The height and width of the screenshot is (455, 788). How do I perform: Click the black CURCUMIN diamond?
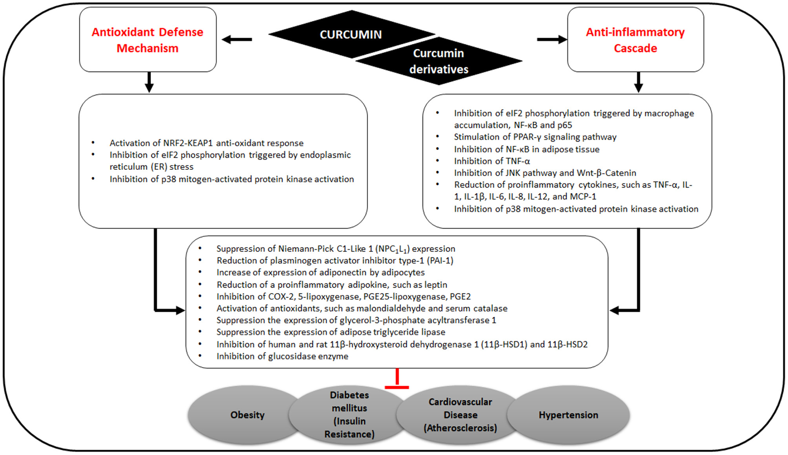point(351,35)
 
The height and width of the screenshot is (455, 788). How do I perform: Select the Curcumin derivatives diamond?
point(438,61)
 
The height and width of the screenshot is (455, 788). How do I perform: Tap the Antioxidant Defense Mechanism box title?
point(147,40)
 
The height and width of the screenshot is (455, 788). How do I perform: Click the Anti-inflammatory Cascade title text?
point(635,40)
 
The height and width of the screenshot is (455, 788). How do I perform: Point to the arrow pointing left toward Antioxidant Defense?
point(237,40)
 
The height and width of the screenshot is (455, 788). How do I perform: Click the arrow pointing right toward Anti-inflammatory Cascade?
point(552,40)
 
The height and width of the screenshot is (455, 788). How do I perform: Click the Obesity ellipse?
point(247,415)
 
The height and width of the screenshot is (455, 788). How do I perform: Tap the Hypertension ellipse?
point(568,415)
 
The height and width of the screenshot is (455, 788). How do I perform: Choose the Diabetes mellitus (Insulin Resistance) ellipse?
point(349,415)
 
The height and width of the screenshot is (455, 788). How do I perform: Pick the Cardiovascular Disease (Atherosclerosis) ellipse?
point(460,415)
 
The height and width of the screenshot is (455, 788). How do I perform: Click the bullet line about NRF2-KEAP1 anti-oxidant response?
point(206,143)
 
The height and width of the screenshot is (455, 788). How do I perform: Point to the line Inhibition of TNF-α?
point(492,161)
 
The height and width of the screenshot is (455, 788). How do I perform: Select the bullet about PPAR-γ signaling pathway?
point(535,137)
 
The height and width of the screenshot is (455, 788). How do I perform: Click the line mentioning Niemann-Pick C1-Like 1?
point(336,249)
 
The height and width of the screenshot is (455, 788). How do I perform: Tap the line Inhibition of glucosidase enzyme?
point(282,356)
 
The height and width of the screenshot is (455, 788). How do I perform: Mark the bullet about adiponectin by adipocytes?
point(320,272)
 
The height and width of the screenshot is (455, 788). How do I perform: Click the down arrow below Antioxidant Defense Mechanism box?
point(149,82)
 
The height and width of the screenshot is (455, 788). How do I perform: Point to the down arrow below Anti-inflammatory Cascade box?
point(638,82)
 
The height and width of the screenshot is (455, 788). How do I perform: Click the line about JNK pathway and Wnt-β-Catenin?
point(545,173)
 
